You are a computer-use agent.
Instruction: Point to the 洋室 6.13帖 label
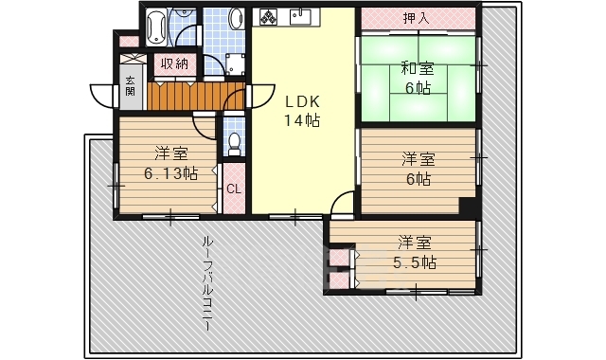170,163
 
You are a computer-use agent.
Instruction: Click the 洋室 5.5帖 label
415,251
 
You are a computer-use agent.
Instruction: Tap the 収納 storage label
172,63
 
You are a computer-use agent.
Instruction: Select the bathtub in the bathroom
157,26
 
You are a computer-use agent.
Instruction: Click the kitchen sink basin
302,17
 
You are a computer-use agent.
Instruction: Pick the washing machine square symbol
234,63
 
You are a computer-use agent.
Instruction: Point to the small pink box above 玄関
128,42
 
